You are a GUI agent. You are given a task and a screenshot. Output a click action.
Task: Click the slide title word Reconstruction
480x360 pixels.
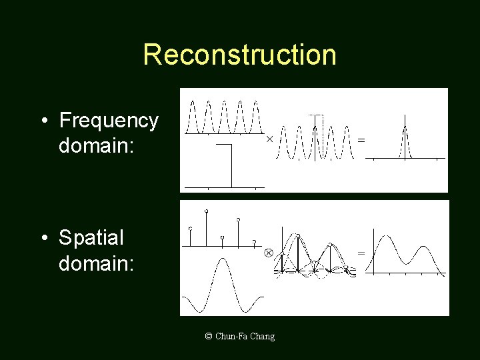[x=239, y=55]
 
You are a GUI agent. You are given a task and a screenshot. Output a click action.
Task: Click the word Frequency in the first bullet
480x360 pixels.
[x=109, y=121]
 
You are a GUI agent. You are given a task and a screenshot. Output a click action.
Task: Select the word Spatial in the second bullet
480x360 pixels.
[x=91, y=237]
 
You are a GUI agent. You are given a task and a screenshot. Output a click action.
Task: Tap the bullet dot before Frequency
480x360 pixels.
[x=43, y=121]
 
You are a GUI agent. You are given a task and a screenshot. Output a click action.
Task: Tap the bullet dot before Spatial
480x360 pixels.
[x=43, y=238]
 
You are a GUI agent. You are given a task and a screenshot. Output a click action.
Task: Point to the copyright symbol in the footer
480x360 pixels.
[x=209, y=336]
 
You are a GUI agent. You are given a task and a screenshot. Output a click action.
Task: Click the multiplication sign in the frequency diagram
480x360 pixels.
[x=269, y=139]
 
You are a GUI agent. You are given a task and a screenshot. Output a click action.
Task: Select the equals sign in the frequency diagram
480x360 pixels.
[x=361, y=140]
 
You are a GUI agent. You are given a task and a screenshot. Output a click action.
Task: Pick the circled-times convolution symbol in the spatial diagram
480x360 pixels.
[x=268, y=253]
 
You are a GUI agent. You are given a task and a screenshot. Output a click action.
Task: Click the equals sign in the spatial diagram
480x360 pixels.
[x=361, y=253]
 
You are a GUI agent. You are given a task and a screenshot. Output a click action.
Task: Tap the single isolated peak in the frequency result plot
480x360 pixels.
[x=404, y=128]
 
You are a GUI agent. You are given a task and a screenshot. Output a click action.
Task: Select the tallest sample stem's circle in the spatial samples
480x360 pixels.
[x=206, y=211]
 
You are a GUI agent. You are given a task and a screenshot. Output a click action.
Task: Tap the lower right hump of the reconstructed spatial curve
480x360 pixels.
[x=423, y=249]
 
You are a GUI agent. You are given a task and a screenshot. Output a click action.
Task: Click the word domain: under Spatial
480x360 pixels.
[x=96, y=263]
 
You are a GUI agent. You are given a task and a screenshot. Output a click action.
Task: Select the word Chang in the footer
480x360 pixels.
[x=263, y=336]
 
